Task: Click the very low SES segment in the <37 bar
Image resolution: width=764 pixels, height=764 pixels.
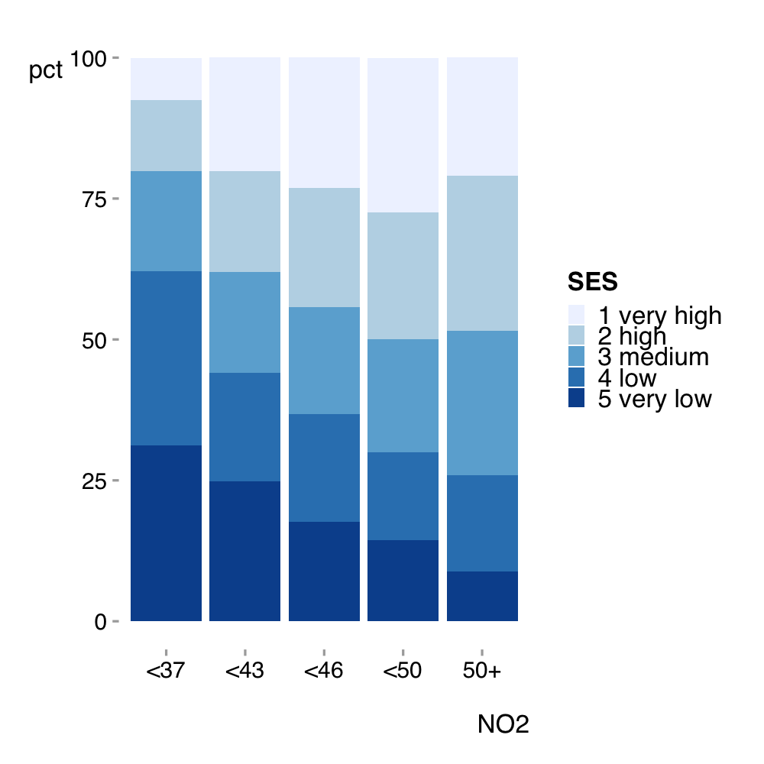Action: click(166, 533)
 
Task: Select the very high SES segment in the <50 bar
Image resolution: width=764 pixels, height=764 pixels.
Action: click(403, 135)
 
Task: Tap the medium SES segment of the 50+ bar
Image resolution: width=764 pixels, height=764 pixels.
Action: click(482, 403)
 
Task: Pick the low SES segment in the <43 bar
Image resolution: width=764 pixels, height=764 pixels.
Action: click(245, 427)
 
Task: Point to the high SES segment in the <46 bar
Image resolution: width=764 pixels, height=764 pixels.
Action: click(324, 248)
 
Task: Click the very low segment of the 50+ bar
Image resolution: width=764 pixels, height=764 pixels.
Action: click(482, 597)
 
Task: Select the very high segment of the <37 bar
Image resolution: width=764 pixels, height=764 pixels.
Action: click(166, 79)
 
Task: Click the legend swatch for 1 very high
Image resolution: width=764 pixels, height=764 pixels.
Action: click(576, 315)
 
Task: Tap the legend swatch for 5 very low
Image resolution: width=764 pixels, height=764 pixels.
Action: click(576, 397)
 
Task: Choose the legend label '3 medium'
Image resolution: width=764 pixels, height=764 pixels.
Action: click(653, 357)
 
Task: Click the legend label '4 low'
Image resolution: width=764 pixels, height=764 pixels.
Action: click(627, 377)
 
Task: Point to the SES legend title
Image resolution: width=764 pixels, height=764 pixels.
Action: click(593, 282)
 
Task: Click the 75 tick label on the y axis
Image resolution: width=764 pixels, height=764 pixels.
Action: click(94, 199)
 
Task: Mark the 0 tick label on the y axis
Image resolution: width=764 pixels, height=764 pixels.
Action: click(100, 622)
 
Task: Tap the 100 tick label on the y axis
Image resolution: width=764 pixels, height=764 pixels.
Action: click(88, 59)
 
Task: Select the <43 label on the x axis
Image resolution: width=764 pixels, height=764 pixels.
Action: click(244, 671)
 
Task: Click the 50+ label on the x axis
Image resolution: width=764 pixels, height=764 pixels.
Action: click(482, 671)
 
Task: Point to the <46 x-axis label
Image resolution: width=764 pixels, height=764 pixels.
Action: click(323, 671)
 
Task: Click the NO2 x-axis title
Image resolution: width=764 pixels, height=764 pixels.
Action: click(503, 724)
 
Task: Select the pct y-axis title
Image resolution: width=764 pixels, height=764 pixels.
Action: click(46, 70)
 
